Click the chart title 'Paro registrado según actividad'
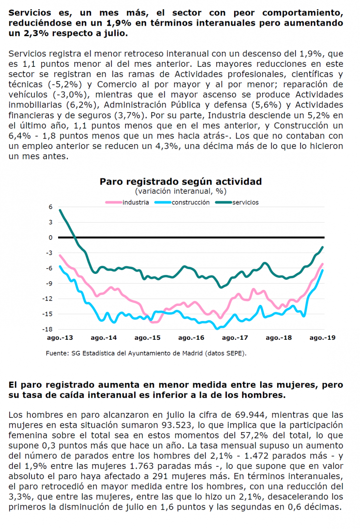tap(180, 181)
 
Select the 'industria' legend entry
tap(127, 202)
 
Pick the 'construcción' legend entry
tap(182, 202)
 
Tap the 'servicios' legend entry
tap(237, 202)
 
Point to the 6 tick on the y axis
tap(51, 207)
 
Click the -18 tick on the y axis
tap(47, 329)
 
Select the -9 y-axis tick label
tap(49, 284)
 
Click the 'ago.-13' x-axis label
tap(60, 338)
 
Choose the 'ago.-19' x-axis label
tap(323, 338)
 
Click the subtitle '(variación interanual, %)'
tap(181, 191)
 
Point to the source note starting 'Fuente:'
tap(146, 354)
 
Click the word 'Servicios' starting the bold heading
tap(30, 13)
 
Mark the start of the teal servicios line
tap(60, 210)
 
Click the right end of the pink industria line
tap(323, 264)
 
